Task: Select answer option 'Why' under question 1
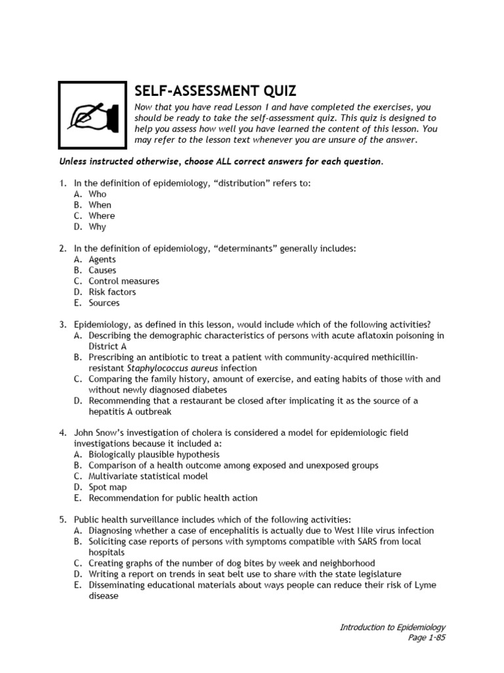click(x=97, y=227)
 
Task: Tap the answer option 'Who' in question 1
click(x=97, y=194)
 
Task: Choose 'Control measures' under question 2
click(x=123, y=281)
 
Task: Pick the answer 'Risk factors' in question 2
click(x=112, y=292)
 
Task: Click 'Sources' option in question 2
click(x=104, y=303)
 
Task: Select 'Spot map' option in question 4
click(x=108, y=487)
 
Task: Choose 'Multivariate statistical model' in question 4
click(x=148, y=476)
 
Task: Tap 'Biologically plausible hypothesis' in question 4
click(x=154, y=454)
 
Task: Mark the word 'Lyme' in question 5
click(x=425, y=585)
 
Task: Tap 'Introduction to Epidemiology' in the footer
click(x=392, y=627)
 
